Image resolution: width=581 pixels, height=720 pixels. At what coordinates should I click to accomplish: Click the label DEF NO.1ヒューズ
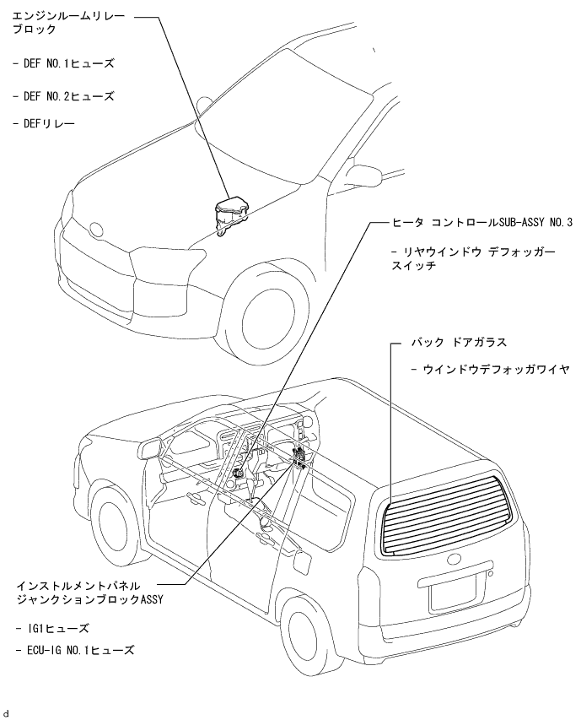[x=63, y=63]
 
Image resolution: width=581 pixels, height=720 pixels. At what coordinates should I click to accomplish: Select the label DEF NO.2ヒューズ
[x=63, y=96]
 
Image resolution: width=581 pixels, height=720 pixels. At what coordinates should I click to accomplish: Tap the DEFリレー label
[x=43, y=124]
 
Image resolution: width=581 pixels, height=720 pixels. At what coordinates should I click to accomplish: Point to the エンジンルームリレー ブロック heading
[x=67, y=24]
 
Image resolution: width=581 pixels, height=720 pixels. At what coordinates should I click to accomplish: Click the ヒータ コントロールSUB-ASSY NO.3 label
[x=482, y=223]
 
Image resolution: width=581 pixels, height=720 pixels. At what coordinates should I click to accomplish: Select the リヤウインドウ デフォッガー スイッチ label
[x=473, y=258]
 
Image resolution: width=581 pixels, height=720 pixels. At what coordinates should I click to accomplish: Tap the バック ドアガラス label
[x=459, y=342]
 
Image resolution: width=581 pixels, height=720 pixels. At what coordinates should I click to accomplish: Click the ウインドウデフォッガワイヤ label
[x=490, y=369]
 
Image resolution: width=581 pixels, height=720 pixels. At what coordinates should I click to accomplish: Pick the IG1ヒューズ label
[x=51, y=628]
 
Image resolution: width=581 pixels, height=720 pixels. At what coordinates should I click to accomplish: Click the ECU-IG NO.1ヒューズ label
[x=75, y=650]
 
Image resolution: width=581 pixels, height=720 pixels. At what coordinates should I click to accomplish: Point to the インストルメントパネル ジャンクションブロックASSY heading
[x=89, y=593]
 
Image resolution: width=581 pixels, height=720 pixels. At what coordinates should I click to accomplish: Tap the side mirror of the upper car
[x=364, y=174]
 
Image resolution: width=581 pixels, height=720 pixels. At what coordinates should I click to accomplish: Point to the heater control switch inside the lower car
[x=239, y=474]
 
